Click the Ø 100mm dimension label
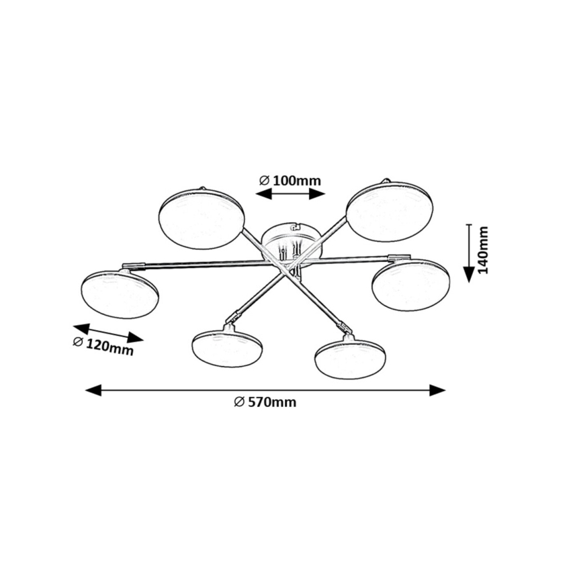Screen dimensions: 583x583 [x=290, y=181]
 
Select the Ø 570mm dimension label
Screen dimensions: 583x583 [x=265, y=402]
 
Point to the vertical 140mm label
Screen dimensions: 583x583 [x=482, y=249]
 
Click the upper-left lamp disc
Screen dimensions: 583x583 [x=201, y=219]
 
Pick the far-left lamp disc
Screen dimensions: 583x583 [x=120, y=294]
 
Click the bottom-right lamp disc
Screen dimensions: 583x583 [x=350, y=357]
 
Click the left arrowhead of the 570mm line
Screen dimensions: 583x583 [x=93, y=390]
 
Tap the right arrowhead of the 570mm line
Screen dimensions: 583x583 [x=437, y=390]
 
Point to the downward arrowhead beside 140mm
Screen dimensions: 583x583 [x=469, y=275]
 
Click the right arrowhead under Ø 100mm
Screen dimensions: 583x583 [x=317, y=193]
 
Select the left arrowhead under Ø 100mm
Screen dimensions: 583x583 [x=263, y=193]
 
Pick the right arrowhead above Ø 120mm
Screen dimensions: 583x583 [x=136, y=337]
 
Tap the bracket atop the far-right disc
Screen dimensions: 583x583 [x=400, y=257]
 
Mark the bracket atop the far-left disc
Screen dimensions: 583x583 [x=134, y=265]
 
